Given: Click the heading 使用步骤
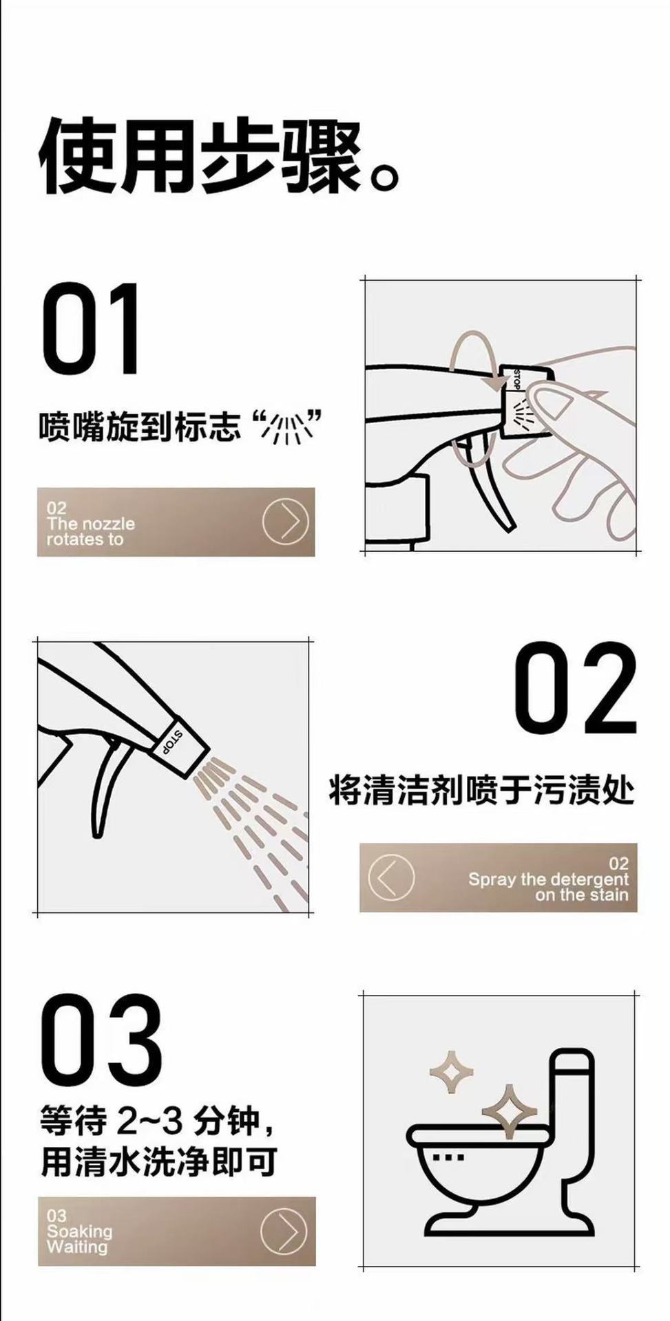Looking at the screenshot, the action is tap(200, 156).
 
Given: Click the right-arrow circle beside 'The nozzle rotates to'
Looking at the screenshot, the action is tap(285, 522).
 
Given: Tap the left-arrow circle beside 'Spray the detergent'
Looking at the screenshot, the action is tap(391, 878).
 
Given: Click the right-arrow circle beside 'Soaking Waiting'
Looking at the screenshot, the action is tap(284, 1232).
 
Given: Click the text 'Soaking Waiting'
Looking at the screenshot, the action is tap(79, 1239).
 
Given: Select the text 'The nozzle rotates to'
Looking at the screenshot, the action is tap(91, 531).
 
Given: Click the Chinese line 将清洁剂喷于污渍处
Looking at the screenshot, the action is tap(481, 790).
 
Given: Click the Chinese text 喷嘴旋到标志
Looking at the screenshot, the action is tap(140, 427).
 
